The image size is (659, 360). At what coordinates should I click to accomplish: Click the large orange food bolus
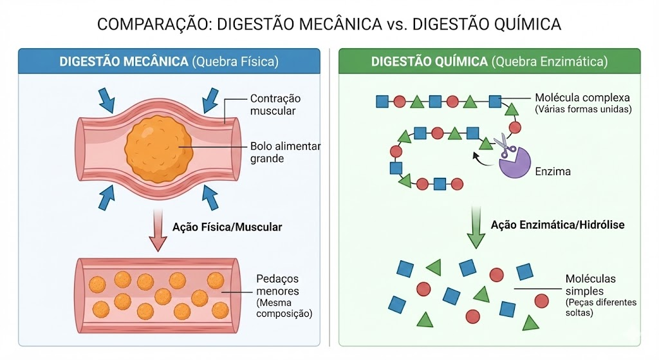158,149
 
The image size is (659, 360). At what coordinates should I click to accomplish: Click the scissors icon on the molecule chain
505,146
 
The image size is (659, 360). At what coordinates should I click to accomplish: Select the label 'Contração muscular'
275,104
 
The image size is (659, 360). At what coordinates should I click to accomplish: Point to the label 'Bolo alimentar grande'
285,152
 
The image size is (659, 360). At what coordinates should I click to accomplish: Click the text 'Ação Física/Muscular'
227,227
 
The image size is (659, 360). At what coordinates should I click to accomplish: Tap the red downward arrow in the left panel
158,231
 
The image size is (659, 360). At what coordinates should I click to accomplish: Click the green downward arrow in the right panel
476,227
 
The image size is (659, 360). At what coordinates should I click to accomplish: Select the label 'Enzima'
553,171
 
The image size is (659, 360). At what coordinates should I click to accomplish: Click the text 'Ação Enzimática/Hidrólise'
558,225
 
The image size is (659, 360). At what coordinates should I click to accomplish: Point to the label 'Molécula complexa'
582,98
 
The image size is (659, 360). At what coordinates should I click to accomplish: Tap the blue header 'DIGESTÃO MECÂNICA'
124,62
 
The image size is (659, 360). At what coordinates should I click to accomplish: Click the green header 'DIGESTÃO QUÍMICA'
429,62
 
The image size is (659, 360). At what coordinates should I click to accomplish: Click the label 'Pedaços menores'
277,285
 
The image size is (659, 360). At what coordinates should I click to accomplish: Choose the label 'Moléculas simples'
590,285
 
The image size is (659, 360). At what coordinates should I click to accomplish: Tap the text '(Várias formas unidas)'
583,109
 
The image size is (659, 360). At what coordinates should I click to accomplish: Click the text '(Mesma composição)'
284,308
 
